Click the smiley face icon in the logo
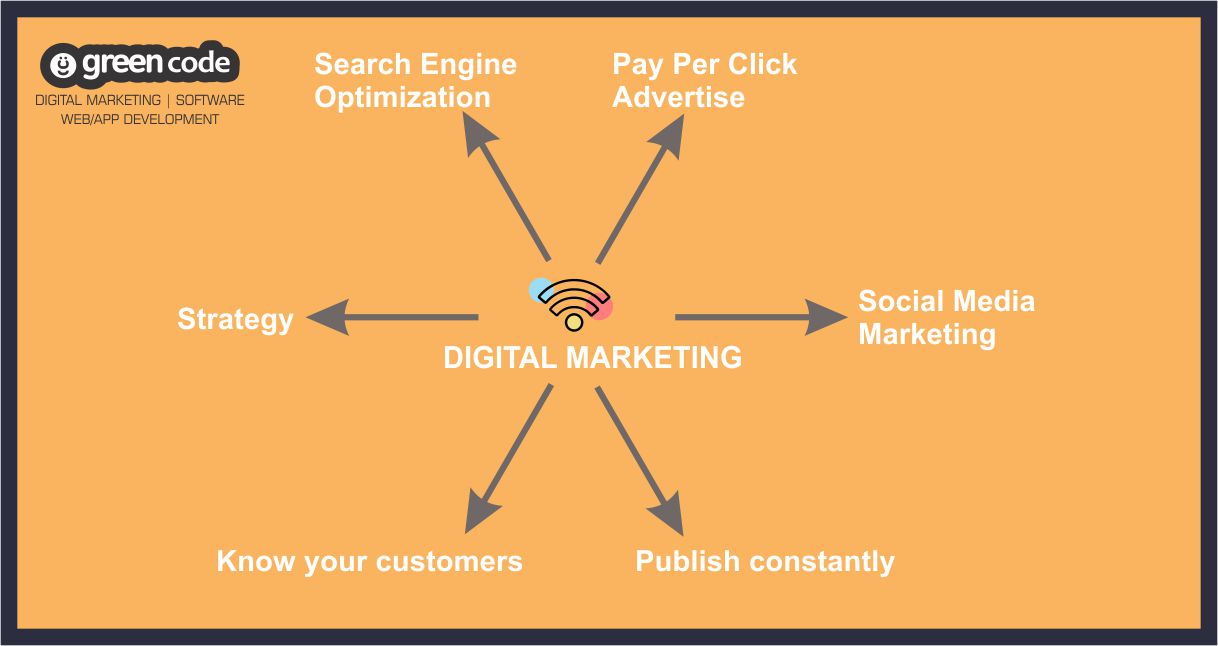coord(63,65)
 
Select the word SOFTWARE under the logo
coord(210,100)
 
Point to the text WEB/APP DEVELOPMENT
coord(140,119)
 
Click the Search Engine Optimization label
coord(415,80)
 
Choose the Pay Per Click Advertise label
coord(704,80)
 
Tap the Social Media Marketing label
coord(946,318)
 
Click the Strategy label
coord(235,319)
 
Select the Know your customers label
coord(369,562)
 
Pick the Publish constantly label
coord(765,562)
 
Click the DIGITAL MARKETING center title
coord(592,358)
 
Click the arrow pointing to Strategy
coord(393,317)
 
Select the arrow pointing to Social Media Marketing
coord(761,317)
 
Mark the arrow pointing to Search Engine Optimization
coord(506,187)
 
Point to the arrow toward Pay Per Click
coord(640,189)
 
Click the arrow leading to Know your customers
coord(509,459)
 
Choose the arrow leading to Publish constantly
coord(639,461)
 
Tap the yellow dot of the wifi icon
coord(574,322)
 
